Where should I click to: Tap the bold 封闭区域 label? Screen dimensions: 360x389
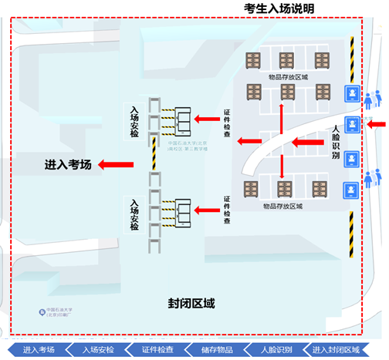pos(191,303)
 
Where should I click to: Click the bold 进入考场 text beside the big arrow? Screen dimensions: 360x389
pos(69,163)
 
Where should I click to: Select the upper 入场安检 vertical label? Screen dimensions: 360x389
pos(135,121)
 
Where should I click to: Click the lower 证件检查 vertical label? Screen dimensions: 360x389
pos(227,210)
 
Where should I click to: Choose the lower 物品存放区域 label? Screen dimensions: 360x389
pos(282,206)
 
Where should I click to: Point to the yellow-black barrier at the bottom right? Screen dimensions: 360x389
pos(352,235)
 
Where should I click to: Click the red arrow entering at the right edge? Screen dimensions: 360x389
pos(377,123)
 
